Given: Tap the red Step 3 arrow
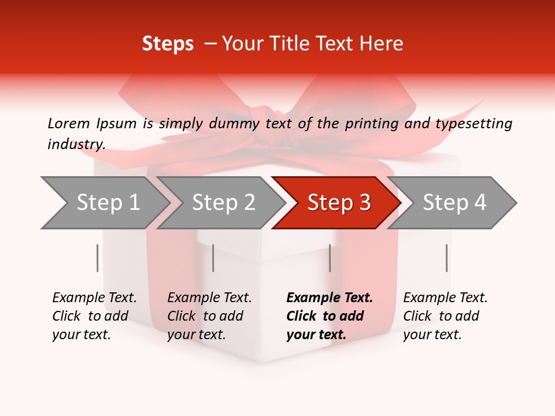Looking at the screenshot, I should pos(339,202).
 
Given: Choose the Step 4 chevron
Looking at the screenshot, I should pos(454,202).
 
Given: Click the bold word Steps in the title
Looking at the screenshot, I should pos(168,44).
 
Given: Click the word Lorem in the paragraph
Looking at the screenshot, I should pos(68,123).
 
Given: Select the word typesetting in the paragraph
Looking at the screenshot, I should pos(473,123).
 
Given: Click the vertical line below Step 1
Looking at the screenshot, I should pos(97,258).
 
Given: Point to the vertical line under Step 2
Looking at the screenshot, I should pos(213,258).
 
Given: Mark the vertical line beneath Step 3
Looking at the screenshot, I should pos(330,258).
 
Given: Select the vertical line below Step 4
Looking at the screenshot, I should pos(446,258).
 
